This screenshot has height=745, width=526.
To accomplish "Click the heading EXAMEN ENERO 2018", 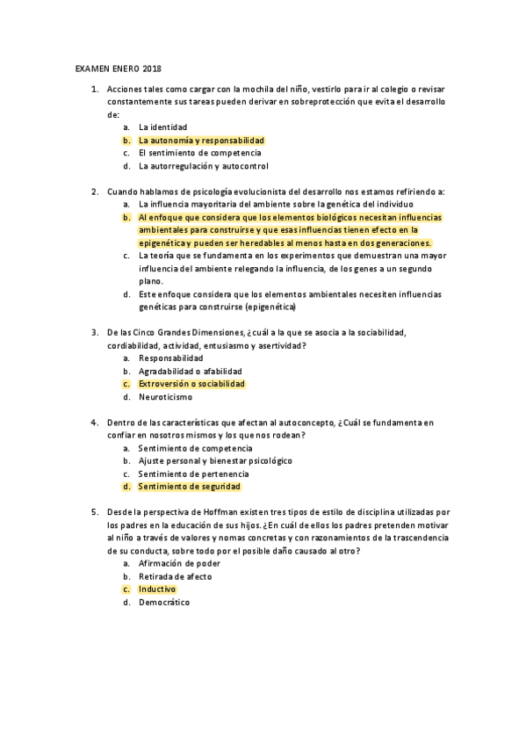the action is (x=119, y=69).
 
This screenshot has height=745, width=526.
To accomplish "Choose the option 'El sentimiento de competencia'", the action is (x=199, y=153).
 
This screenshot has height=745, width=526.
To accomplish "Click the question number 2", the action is (x=94, y=191).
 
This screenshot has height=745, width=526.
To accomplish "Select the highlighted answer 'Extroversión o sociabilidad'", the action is (x=191, y=384).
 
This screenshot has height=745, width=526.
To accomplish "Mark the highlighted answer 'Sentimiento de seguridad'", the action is (x=189, y=486).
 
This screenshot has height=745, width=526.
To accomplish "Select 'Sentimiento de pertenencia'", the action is (x=192, y=474).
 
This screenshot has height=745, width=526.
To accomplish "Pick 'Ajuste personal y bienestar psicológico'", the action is (x=215, y=460).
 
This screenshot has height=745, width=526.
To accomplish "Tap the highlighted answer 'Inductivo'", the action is (x=157, y=589).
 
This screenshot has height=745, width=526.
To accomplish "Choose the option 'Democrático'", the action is (x=163, y=602).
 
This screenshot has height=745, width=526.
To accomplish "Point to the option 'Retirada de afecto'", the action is (x=175, y=576).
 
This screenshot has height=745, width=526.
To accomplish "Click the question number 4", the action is (x=94, y=423).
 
